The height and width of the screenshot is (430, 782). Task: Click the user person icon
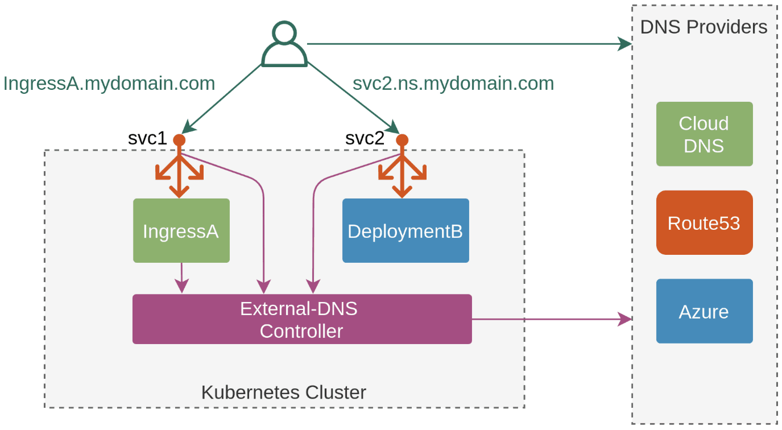coord(284,44)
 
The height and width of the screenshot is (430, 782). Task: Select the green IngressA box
coord(181,230)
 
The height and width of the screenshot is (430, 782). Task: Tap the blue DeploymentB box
coord(406,230)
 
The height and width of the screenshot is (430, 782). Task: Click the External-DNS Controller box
coord(302,319)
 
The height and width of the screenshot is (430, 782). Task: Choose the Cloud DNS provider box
coord(704,134)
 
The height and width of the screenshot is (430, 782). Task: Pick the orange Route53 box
coord(704,222)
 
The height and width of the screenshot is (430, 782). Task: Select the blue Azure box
coord(704,311)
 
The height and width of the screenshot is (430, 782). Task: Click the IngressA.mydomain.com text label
coord(109,84)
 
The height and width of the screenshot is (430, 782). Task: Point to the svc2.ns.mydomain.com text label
coord(453,84)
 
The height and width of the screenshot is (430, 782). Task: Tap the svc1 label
coord(147,138)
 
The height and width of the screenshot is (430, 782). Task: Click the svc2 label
coord(365,138)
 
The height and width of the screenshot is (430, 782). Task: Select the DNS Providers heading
coord(704,27)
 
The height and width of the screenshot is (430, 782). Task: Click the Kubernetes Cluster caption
coord(284,392)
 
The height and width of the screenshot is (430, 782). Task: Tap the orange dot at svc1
coord(179,139)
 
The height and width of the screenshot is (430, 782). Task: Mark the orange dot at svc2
coord(402,139)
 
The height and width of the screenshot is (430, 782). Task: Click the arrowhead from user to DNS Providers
coord(626,44)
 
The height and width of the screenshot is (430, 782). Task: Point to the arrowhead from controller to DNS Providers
coord(626,319)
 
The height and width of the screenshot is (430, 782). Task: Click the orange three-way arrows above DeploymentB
coord(403,173)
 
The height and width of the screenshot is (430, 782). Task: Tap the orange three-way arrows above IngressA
coord(180,173)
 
